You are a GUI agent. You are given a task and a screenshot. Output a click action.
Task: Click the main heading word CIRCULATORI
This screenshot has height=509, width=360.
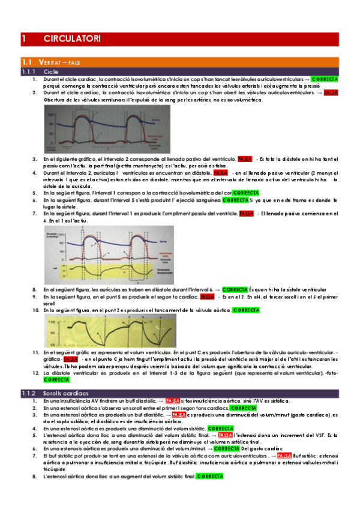(x=72, y=39)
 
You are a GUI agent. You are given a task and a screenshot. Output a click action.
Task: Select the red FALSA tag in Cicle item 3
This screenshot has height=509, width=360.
(x=245, y=159)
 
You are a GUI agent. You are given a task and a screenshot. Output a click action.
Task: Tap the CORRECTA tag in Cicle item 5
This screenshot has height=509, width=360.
(x=245, y=193)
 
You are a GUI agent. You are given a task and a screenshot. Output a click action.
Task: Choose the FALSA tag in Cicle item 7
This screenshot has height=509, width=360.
(x=246, y=213)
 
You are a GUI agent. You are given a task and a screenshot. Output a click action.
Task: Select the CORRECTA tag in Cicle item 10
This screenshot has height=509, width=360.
(x=246, y=310)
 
